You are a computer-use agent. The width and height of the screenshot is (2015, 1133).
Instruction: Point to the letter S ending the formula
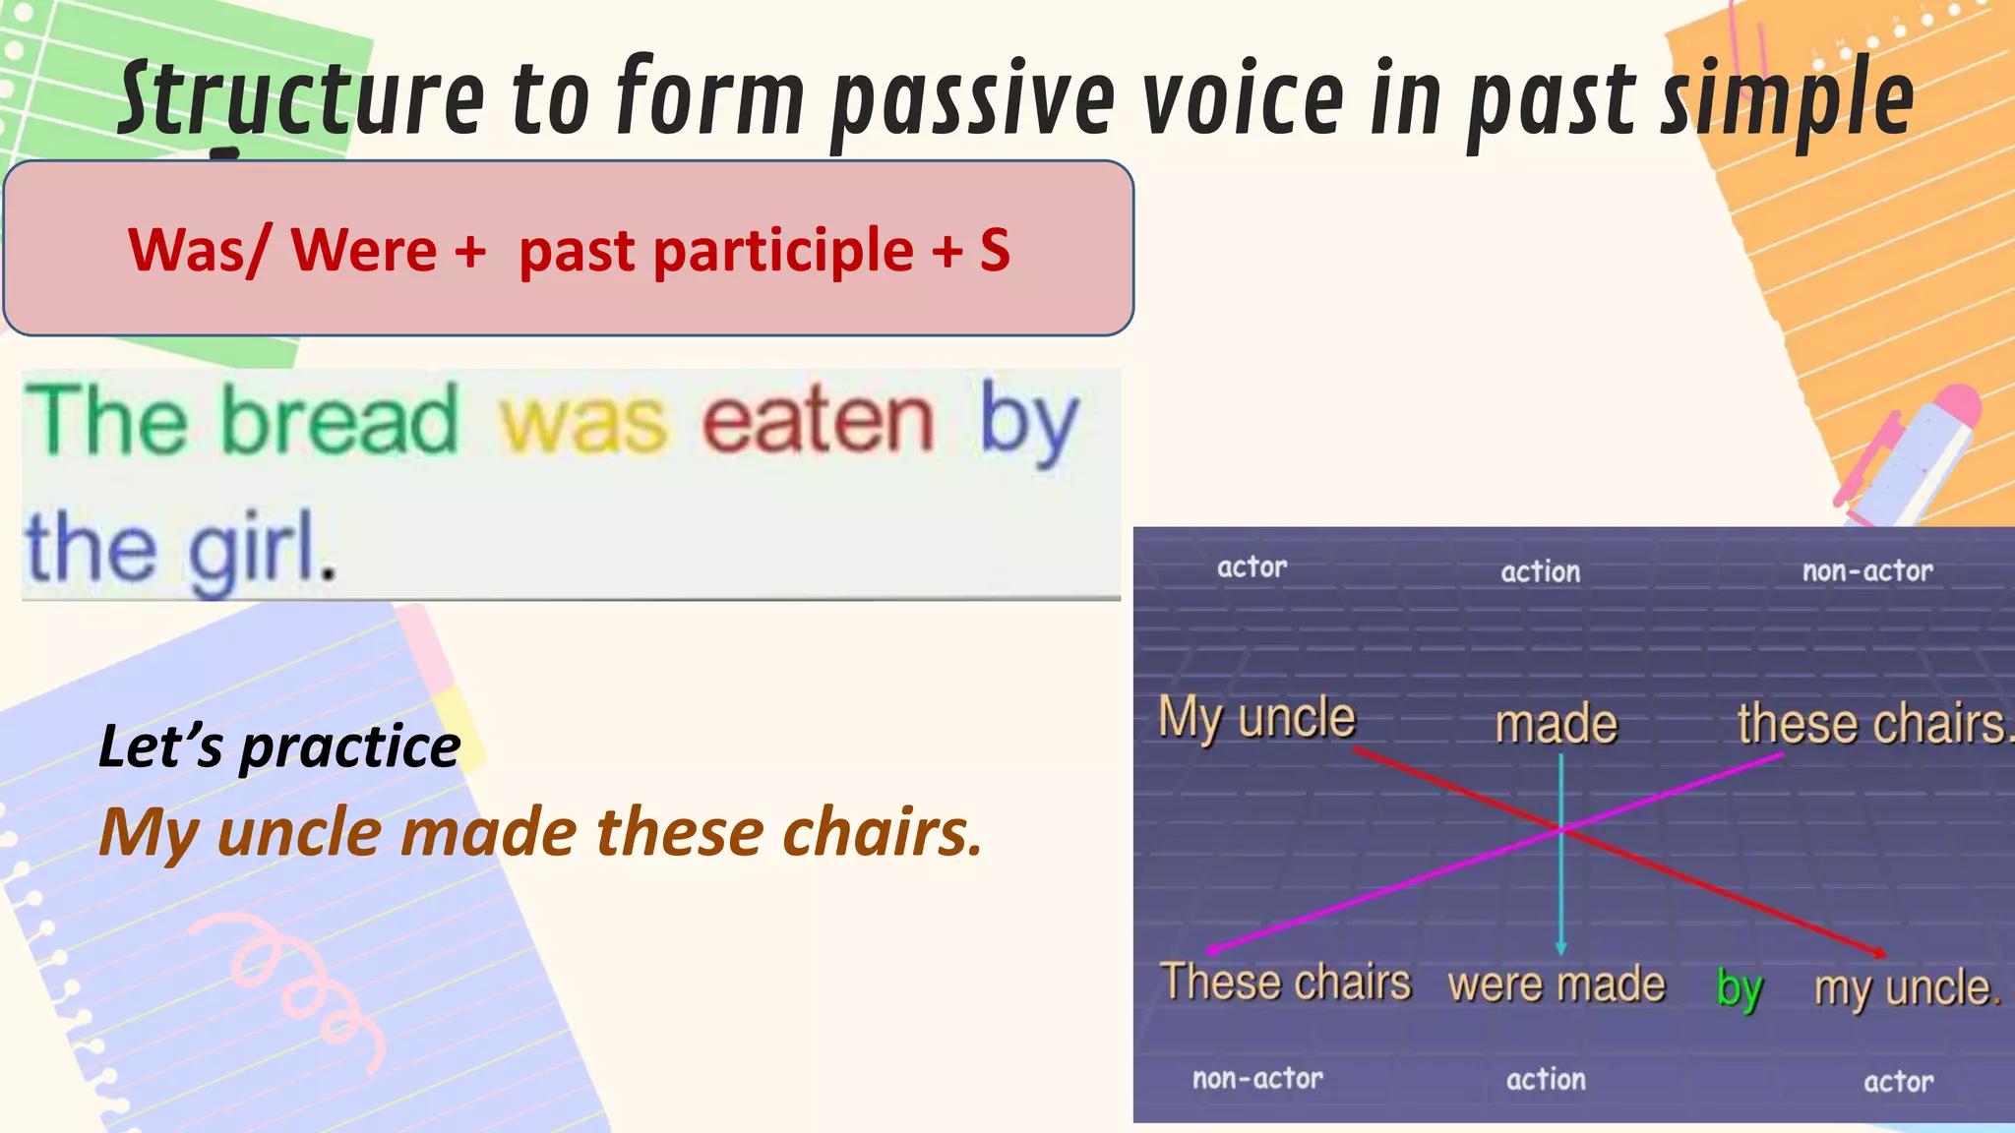click(995, 250)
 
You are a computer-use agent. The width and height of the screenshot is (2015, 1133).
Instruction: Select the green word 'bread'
click(339, 421)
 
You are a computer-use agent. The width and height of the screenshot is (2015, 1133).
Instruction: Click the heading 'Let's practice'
click(279, 746)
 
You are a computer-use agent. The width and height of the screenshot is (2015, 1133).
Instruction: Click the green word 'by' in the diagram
click(1739, 986)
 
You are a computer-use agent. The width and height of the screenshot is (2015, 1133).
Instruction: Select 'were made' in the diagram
click(1557, 984)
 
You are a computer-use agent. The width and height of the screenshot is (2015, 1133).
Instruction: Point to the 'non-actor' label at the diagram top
click(1866, 570)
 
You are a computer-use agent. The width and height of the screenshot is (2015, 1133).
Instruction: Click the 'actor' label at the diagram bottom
click(1898, 1082)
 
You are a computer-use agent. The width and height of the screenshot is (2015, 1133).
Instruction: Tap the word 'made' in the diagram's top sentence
click(1556, 725)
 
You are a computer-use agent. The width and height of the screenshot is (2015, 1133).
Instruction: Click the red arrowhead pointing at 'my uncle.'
click(1877, 952)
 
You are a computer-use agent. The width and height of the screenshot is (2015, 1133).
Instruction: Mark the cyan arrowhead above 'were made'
click(1560, 946)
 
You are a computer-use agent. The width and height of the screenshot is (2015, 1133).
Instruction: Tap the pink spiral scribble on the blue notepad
click(295, 984)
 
